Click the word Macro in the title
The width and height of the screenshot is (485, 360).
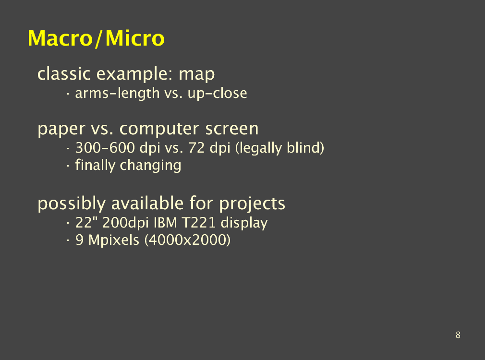click(61, 38)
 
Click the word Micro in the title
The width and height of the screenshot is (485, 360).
click(135, 38)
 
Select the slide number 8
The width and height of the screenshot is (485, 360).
click(458, 335)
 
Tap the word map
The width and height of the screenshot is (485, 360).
click(197, 74)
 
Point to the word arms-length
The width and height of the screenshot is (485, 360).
click(117, 94)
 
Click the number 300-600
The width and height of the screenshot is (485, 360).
click(105, 147)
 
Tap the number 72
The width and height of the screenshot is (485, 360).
click(196, 147)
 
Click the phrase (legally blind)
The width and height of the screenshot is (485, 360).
click(279, 148)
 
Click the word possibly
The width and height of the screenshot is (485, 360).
click(72, 204)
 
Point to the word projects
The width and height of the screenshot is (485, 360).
click(252, 204)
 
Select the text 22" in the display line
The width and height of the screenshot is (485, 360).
click(85, 222)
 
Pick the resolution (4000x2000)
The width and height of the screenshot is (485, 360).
click(188, 240)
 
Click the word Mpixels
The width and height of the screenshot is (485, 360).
click(114, 240)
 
